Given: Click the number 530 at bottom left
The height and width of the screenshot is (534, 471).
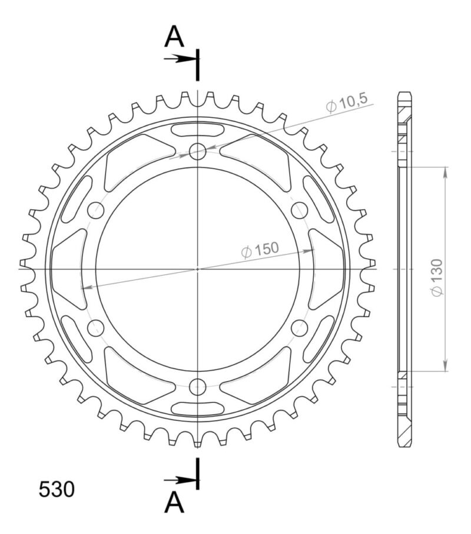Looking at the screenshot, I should (57, 489).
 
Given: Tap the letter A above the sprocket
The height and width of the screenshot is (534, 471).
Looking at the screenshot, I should (174, 37).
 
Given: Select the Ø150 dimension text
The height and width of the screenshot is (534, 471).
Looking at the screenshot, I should (260, 250).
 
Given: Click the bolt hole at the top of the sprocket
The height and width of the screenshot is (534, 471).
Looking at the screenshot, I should (198, 151).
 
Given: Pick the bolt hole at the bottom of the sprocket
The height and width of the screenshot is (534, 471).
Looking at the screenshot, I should (198, 387).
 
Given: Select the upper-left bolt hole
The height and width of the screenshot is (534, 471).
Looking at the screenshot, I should (95, 210).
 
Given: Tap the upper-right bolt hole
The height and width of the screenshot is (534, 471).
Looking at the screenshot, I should (300, 210).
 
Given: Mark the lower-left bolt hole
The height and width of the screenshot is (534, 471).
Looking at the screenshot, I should (95, 328).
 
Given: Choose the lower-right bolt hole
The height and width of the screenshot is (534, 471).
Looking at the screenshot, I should (300, 328).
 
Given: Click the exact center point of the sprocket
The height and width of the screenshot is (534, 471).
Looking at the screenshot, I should (198, 269).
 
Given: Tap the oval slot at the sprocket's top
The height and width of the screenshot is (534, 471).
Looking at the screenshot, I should (198, 130).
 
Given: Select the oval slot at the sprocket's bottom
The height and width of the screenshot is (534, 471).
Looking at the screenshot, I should (198, 408).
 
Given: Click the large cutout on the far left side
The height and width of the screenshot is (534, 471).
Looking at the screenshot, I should (68, 269).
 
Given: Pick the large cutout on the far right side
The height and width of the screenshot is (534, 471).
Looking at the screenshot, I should (327, 269).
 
